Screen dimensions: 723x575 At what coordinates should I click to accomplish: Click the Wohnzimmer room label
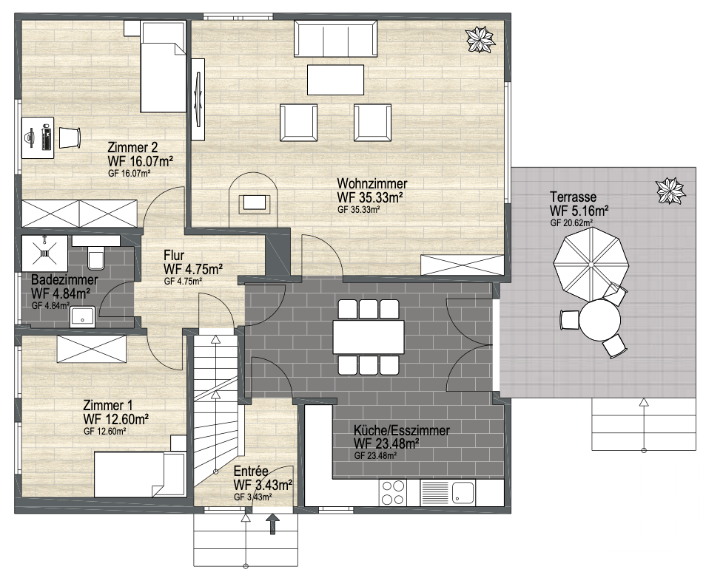pyautogui.click(x=372, y=183)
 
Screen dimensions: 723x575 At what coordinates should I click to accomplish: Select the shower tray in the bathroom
pyautogui.click(x=44, y=253)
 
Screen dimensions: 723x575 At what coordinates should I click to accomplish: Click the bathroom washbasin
pyautogui.click(x=83, y=317)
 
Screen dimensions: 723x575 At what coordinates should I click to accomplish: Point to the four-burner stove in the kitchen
pyautogui.click(x=393, y=493)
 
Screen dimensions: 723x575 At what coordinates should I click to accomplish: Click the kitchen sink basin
pyautogui.click(x=463, y=493)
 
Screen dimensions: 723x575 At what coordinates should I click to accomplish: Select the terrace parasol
pyautogui.click(x=591, y=265)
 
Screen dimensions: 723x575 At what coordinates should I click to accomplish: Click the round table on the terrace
pyautogui.click(x=599, y=319)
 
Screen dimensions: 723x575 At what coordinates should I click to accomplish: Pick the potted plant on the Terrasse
pyautogui.click(x=670, y=191)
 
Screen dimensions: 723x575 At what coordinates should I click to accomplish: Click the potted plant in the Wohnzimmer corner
pyautogui.click(x=480, y=40)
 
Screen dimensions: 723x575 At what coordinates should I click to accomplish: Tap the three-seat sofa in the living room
pyautogui.click(x=336, y=38)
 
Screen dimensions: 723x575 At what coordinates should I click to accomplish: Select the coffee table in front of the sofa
pyautogui.click(x=335, y=80)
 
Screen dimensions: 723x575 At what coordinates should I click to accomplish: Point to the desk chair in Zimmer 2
pyautogui.click(x=70, y=137)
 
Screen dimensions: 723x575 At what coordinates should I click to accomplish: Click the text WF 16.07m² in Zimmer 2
pyautogui.click(x=140, y=161)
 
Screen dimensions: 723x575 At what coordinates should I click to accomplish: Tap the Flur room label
pyautogui.click(x=174, y=256)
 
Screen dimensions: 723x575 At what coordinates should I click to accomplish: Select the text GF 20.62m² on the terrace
pyautogui.click(x=571, y=222)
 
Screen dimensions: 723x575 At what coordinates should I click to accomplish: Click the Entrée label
pyautogui.click(x=251, y=471)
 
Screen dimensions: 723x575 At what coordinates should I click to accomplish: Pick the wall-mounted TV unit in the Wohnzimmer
pyautogui.click(x=198, y=98)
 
